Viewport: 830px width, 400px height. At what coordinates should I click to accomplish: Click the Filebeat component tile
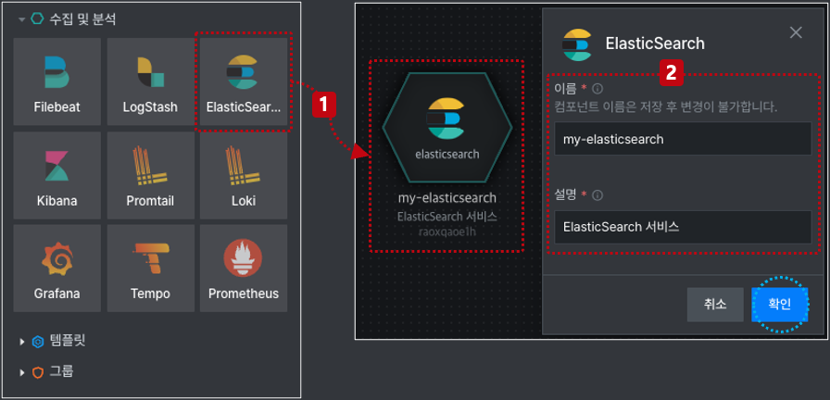pyautogui.click(x=57, y=81)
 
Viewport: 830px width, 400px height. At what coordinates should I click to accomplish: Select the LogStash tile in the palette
pyautogui.click(x=150, y=81)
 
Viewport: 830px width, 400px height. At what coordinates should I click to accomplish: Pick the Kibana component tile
pyautogui.click(x=57, y=175)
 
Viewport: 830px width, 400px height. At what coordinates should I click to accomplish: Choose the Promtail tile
pyautogui.click(x=150, y=175)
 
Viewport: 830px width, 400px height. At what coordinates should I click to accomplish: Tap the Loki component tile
pyautogui.click(x=244, y=175)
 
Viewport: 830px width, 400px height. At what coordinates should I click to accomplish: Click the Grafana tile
pyautogui.click(x=57, y=269)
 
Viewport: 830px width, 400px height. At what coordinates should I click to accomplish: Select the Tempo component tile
pyautogui.click(x=150, y=269)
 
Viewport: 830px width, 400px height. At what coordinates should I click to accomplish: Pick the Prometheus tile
pyautogui.click(x=244, y=269)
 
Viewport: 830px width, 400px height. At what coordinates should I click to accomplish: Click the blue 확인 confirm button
pyautogui.click(x=780, y=305)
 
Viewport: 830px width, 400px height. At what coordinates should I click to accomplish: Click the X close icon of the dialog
pyautogui.click(x=796, y=32)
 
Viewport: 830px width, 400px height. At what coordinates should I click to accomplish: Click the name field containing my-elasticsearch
pyautogui.click(x=683, y=139)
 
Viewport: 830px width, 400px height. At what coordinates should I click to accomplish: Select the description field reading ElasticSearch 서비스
pyautogui.click(x=683, y=227)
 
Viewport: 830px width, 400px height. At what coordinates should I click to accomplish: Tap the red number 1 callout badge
pyautogui.click(x=324, y=106)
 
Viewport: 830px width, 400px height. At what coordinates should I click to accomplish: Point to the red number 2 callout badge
pyautogui.click(x=672, y=73)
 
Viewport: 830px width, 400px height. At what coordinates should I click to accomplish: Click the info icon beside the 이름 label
pyautogui.click(x=597, y=88)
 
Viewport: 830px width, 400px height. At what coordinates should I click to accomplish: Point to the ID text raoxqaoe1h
pyautogui.click(x=447, y=231)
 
